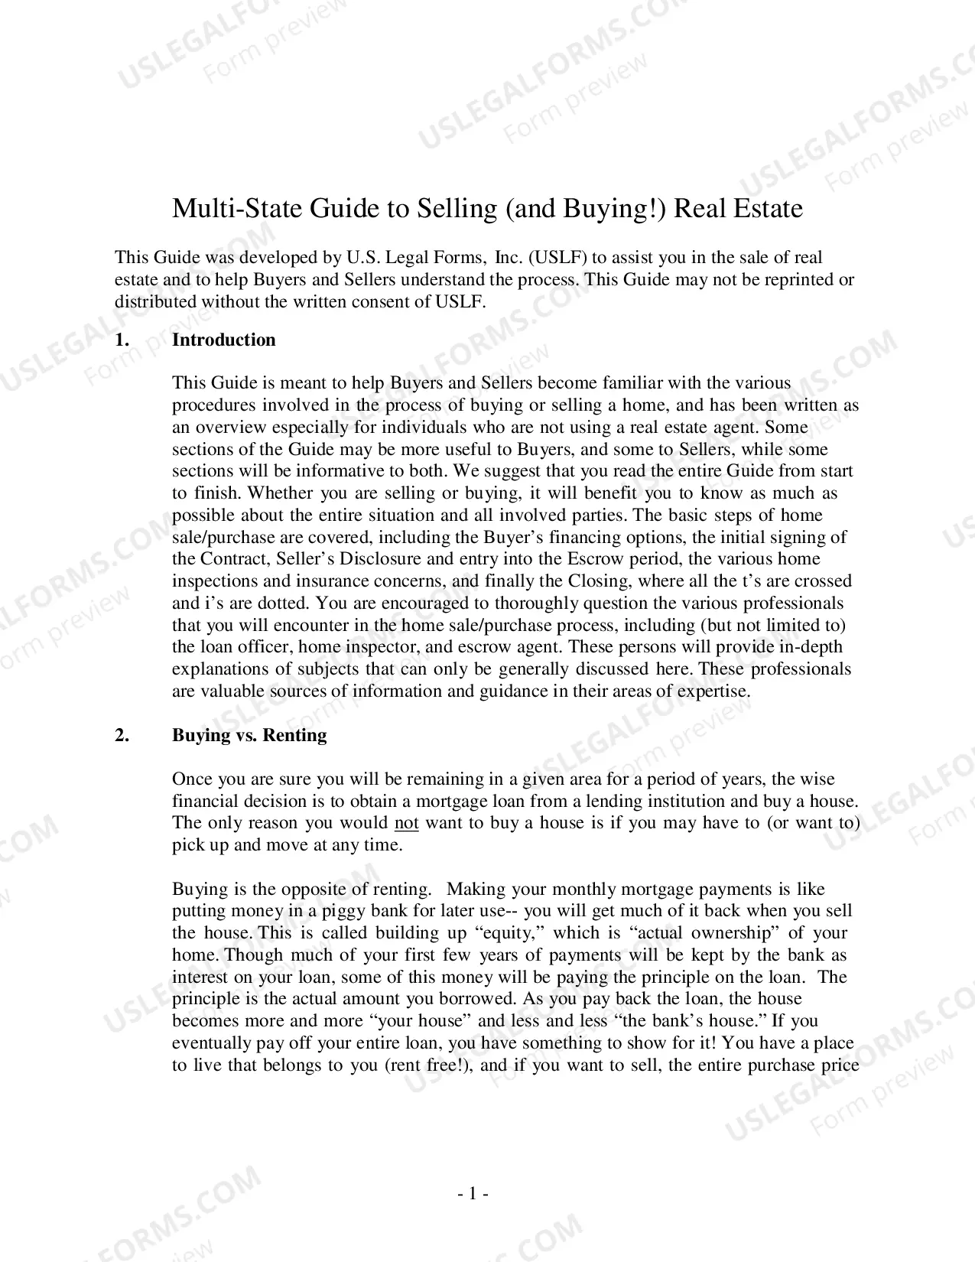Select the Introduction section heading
pos(223,340)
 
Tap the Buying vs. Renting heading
pos(249,735)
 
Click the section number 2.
pos(122,735)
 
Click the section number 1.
pos(122,340)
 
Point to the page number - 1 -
pos(473,1193)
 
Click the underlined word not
pos(406,823)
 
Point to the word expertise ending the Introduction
pos(711,691)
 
